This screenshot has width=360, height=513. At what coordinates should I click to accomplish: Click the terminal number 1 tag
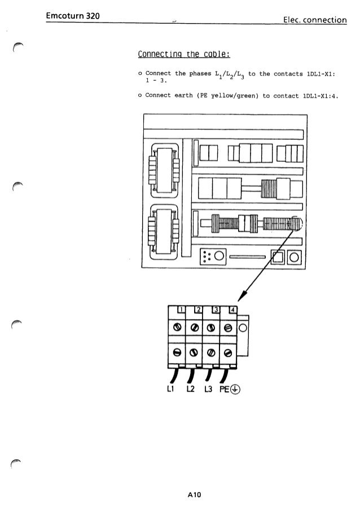point(181,308)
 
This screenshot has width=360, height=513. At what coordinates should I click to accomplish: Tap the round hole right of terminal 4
point(243,328)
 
